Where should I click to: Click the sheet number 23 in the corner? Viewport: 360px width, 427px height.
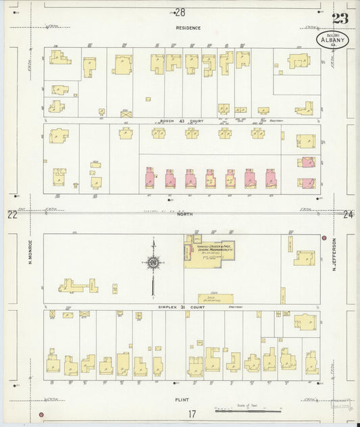click(x=340, y=18)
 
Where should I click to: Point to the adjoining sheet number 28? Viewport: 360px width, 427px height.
click(x=180, y=11)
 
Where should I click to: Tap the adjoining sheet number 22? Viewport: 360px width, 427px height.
click(x=11, y=215)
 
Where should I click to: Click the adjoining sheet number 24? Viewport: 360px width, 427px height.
click(x=349, y=215)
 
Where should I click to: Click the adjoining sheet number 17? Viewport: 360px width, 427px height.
click(x=192, y=414)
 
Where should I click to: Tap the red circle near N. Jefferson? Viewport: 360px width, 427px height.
click(x=324, y=238)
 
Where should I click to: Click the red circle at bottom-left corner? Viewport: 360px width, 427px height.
click(x=41, y=414)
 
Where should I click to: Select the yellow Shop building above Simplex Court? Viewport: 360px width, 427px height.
click(x=215, y=298)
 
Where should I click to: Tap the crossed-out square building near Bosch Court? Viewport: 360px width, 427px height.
click(x=125, y=114)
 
